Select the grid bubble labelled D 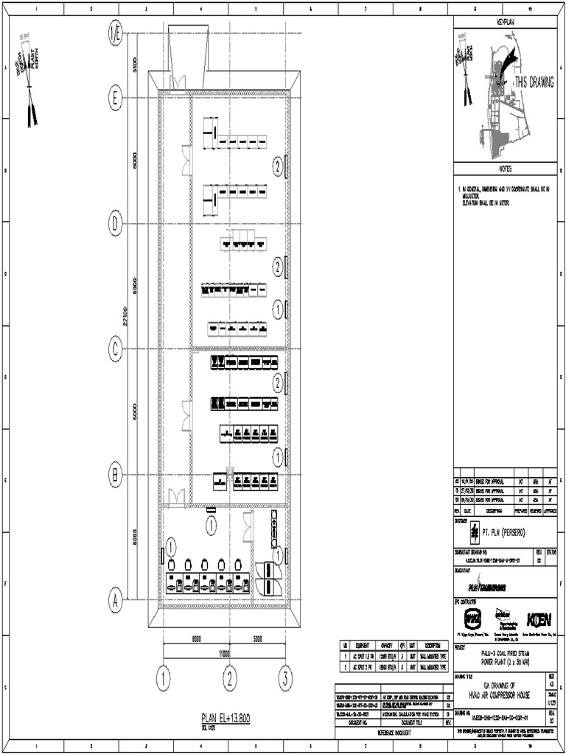tap(116, 222)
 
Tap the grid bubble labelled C tap(116, 348)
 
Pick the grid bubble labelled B tap(116, 475)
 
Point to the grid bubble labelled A tap(116, 600)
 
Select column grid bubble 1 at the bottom tap(164, 676)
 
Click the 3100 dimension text tap(136, 64)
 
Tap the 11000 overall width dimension tap(224, 652)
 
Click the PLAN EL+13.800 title tap(226, 718)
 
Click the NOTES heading tap(509, 169)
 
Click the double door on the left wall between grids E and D tap(186, 160)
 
